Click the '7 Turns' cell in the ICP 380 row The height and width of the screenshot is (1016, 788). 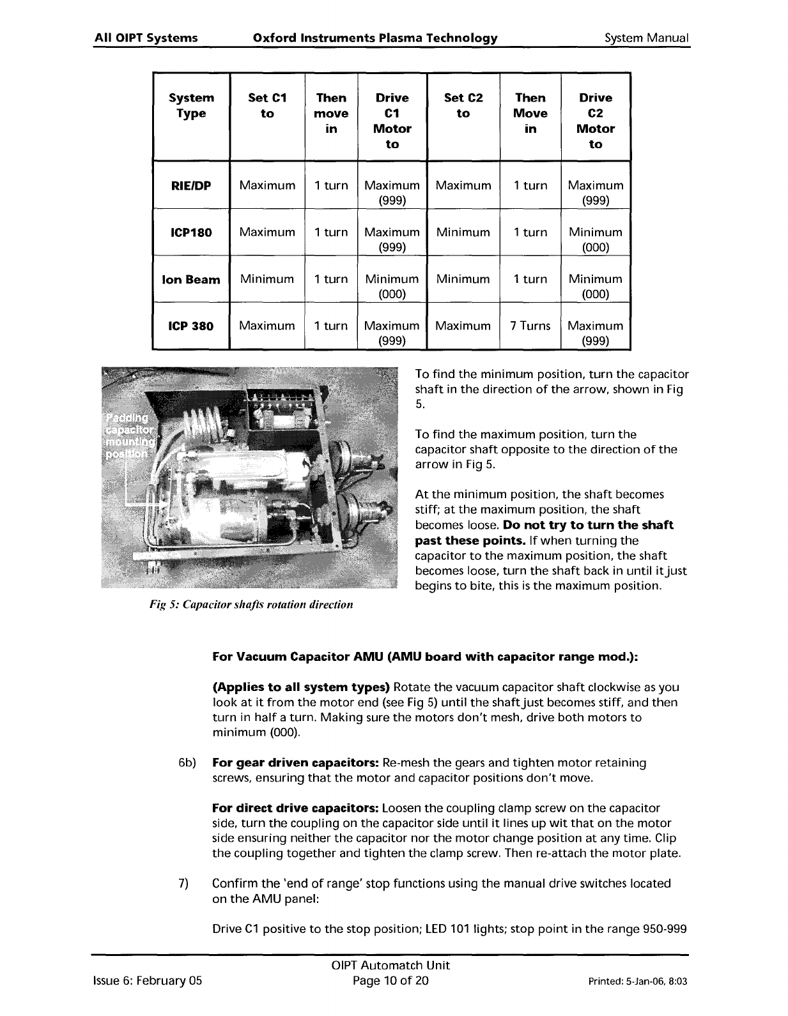click(530, 326)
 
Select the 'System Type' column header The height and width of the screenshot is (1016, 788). click(191, 106)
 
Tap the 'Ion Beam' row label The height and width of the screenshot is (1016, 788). click(191, 280)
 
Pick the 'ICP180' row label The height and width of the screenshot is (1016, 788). click(191, 232)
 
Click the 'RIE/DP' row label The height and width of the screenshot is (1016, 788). click(191, 186)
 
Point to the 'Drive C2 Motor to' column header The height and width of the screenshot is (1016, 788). click(595, 121)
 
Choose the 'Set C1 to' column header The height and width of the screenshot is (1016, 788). click(267, 106)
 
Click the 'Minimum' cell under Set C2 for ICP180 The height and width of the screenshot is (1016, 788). click(463, 232)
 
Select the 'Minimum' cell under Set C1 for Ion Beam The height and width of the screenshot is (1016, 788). click(267, 279)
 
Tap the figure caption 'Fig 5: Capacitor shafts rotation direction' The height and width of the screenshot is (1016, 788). click(251, 604)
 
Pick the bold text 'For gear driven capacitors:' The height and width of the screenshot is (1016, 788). click(296, 763)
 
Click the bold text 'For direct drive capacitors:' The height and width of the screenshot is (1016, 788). click(295, 808)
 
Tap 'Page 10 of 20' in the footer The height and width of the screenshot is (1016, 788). click(390, 980)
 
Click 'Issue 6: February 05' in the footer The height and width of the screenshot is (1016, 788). click(148, 980)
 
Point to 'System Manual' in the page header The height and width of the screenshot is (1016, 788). click(647, 38)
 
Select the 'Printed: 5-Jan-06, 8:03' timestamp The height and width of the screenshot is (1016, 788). click(637, 981)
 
